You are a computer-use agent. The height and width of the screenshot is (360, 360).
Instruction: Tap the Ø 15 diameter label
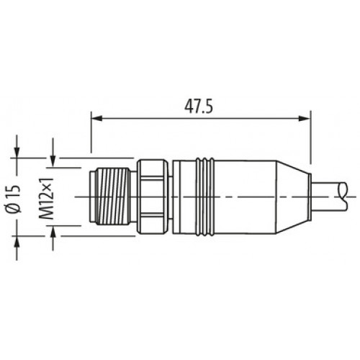14,199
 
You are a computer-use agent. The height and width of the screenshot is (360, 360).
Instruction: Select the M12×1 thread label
46,199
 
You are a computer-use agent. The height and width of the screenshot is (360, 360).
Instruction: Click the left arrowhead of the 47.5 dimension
96,118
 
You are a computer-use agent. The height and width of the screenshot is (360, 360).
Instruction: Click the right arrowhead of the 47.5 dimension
305,118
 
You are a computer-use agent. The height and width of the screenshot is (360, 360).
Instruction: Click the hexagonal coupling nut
153,197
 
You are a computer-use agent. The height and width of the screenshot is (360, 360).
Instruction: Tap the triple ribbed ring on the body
204,197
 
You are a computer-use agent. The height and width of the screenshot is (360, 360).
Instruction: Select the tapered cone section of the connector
292,197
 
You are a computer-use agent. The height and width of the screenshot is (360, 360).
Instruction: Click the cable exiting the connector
329,197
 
